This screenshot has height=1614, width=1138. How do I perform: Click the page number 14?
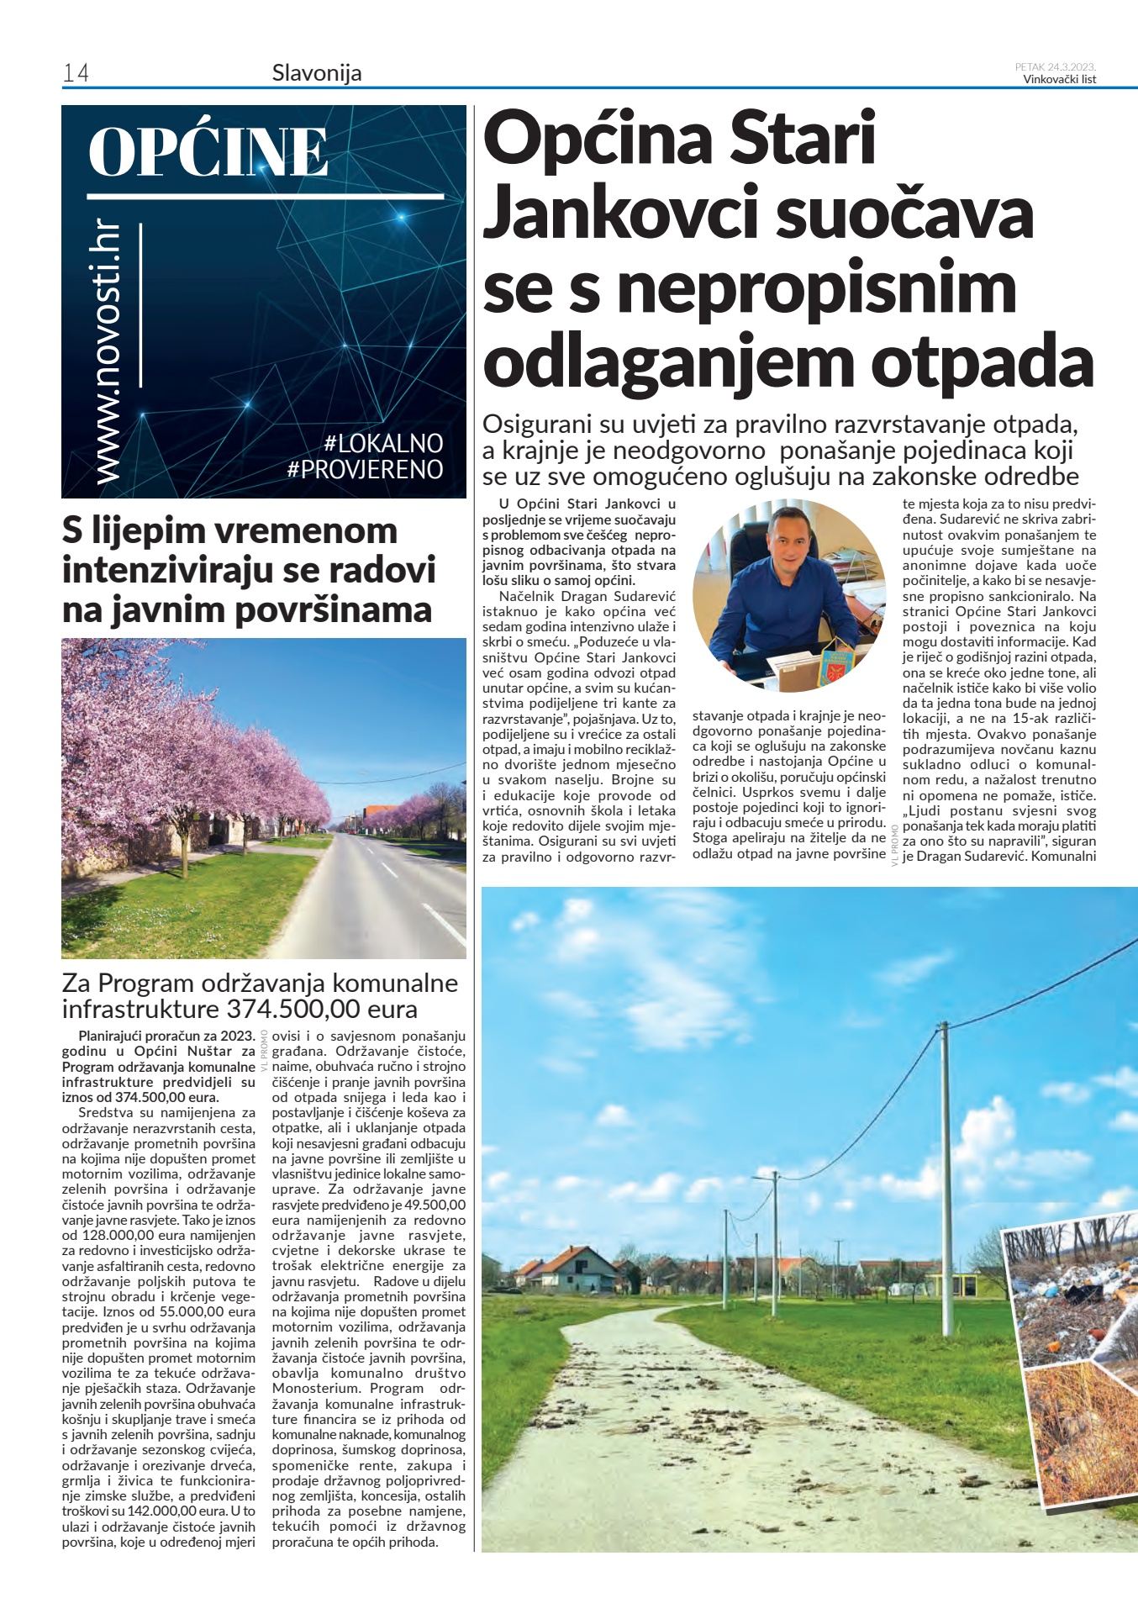pyautogui.click(x=76, y=73)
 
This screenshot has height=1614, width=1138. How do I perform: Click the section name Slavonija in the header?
pyautogui.click(x=317, y=73)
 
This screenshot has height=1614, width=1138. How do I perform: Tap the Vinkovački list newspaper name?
pyautogui.click(x=1059, y=80)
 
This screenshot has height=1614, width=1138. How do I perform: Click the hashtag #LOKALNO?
pyautogui.click(x=382, y=443)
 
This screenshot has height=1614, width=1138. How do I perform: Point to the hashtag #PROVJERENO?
pyautogui.click(x=365, y=469)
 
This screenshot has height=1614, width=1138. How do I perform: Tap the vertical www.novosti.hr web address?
pyautogui.click(x=108, y=352)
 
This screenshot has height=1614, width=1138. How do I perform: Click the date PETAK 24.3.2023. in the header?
pyautogui.click(x=1055, y=67)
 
